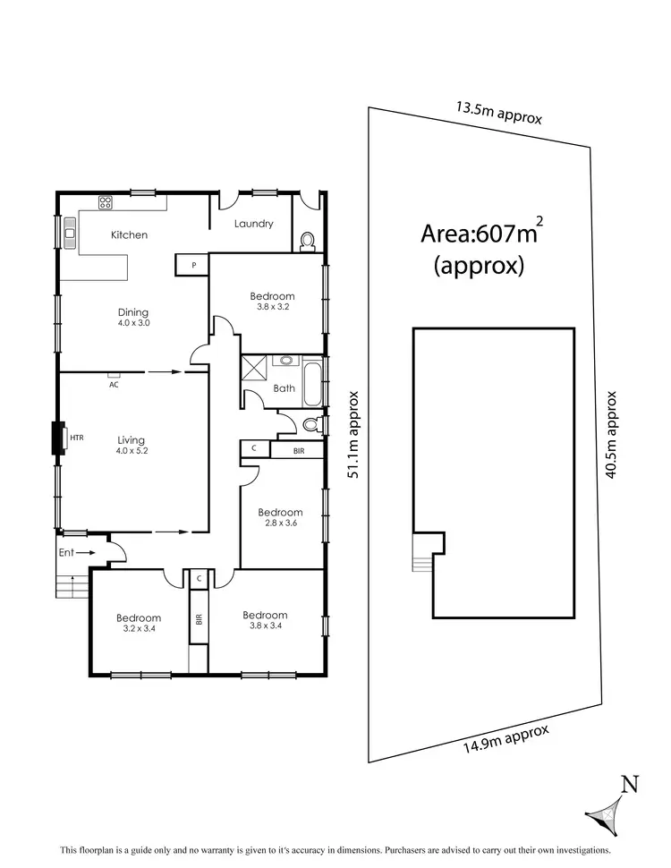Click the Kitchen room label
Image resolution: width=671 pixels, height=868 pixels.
(129, 235)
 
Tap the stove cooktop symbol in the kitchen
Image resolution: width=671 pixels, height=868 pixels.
(105, 202)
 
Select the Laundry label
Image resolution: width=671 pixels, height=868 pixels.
(253, 224)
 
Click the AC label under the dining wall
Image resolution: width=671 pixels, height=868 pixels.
(114, 385)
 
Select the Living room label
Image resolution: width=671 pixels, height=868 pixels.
(132, 440)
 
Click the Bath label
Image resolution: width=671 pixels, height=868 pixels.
(284, 388)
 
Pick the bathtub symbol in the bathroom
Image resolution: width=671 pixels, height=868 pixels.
(312, 383)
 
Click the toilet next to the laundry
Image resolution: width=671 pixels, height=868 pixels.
(307, 240)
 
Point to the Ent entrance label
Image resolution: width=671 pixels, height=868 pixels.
(66, 553)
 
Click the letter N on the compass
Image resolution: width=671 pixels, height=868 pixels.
(630, 786)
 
